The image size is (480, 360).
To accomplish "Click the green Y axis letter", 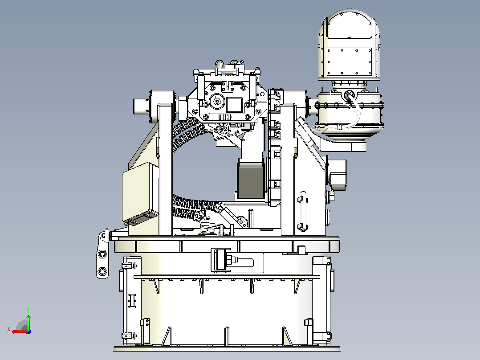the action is (28, 310).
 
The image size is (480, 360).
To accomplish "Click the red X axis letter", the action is (9, 330).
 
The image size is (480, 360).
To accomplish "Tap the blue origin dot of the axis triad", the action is (28, 332).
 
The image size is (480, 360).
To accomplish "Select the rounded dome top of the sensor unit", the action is (349, 24).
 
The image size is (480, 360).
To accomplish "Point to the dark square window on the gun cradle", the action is (234, 104).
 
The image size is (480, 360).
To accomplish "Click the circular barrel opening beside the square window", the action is (217, 102).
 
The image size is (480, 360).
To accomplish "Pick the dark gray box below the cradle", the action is (251, 180).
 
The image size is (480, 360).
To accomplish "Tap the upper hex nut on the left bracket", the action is (102, 254).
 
